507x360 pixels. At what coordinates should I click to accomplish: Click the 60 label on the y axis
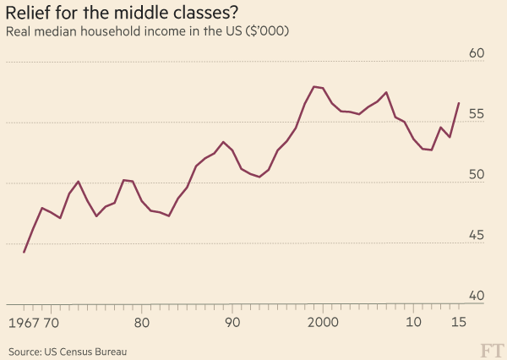pos(476,53)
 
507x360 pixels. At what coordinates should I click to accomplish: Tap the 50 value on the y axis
pos(476,175)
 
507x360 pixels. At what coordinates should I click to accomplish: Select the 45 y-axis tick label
pos(476,236)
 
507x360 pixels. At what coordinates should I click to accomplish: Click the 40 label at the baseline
pos(476,296)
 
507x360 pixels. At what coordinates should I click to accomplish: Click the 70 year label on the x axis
pos(51,322)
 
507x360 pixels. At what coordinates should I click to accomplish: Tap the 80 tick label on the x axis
pos(142,322)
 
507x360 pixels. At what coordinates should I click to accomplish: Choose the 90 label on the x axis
pos(232,322)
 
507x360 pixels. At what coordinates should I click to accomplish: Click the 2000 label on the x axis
pos(323,322)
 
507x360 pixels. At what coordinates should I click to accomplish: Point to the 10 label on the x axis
pos(414,322)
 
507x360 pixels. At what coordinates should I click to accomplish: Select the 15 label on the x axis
pos(459,322)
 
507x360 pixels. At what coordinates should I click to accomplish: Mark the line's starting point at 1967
pos(24,252)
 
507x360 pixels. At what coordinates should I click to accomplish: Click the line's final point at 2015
pos(459,103)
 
